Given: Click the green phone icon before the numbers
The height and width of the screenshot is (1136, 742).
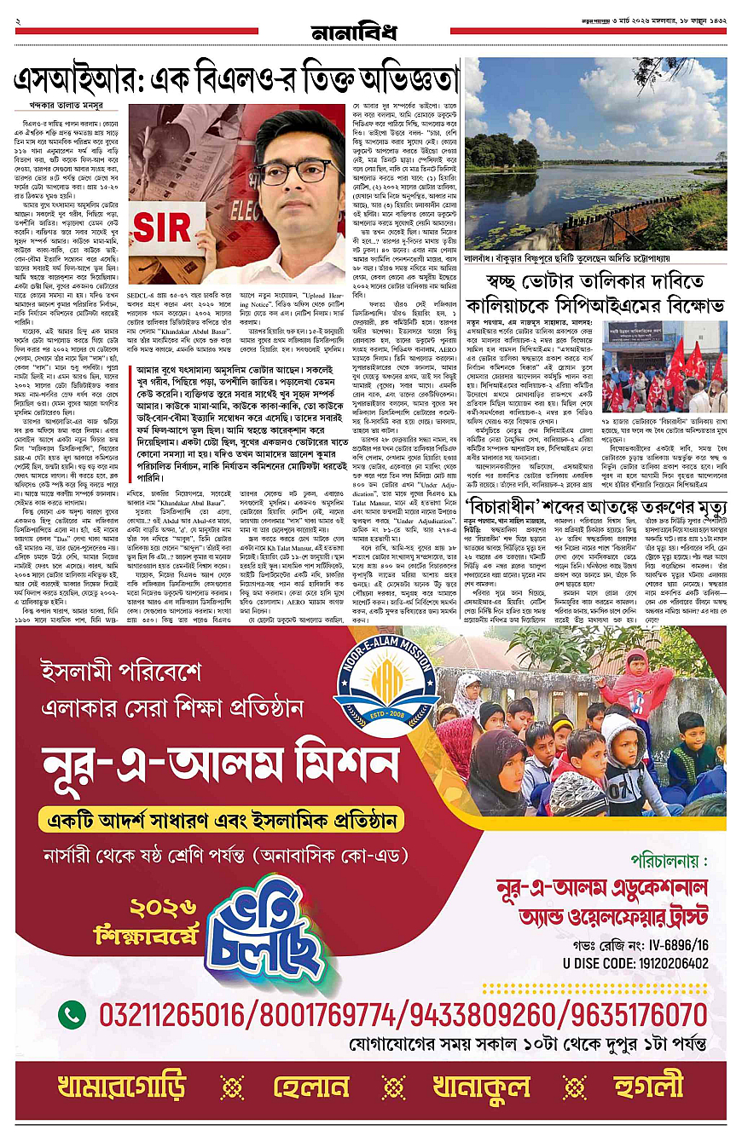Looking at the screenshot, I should pyautogui.click(x=71, y=1014).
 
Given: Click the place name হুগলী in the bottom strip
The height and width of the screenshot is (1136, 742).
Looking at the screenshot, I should pyautogui.click(x=648, y=1087).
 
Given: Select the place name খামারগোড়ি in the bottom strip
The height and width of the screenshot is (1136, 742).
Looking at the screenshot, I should pyautogui.click(x=120, y=1087).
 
